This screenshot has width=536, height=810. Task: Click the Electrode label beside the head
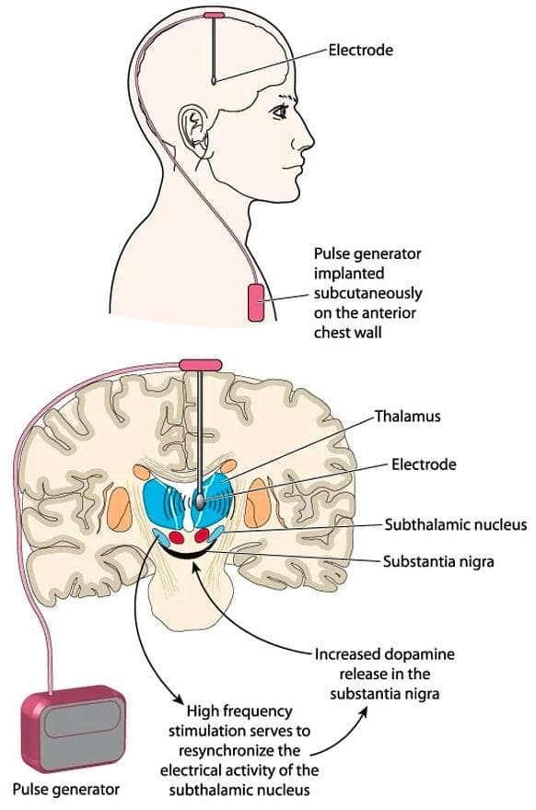(360, 50)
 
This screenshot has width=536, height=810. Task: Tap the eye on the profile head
(280, 112)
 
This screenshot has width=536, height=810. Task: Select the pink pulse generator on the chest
(256, 301)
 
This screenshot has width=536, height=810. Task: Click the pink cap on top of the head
(214, 15)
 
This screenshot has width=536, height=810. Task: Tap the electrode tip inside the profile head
(214, 80)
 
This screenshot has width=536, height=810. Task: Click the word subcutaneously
(367, 293)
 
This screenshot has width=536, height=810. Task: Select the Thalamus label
(408, 417)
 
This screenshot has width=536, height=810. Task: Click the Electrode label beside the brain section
(424, 464)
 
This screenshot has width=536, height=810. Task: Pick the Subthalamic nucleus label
(456, 525)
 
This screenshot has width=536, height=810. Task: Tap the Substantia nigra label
(438, 561)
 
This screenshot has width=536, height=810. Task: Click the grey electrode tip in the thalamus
(199, 500)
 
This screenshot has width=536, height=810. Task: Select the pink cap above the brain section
(201, 365)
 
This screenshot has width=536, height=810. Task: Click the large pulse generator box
(74, 727)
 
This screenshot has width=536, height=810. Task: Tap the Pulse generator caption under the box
(66, 790)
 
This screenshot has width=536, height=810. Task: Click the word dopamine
(418, 654)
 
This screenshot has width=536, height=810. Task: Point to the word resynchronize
(239, 751)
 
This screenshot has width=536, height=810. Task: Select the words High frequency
(239, 711)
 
